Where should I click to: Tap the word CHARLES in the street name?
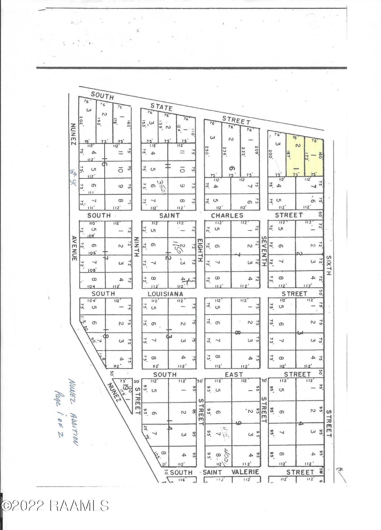pos(227,215)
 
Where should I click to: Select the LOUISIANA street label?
pos(165,294)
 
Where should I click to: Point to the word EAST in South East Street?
pos(234,374)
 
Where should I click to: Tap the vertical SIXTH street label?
pos(329,265)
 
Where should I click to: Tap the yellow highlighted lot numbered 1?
pos(314,157)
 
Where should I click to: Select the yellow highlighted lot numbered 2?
pos(295,156)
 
